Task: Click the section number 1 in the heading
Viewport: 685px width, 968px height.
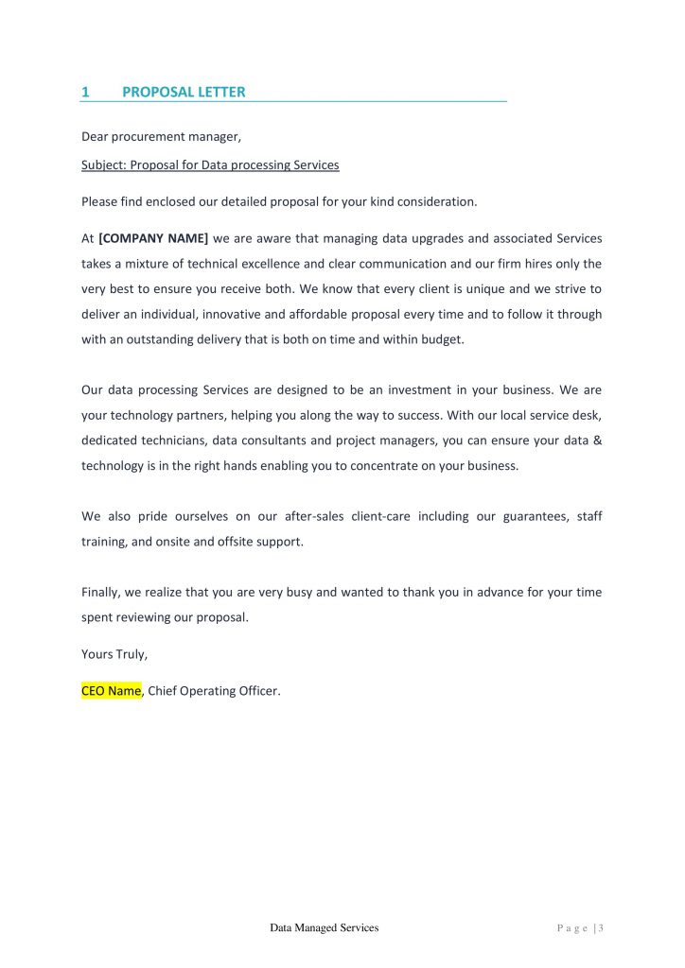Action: coord(85,92)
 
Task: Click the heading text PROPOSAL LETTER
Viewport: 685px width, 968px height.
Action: coord(184,92)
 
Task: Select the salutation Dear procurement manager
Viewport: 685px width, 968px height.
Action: coord(161,137)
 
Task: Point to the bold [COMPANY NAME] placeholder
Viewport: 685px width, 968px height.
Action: coord(153,238)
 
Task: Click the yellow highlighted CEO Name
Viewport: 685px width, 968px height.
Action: coord(112,691)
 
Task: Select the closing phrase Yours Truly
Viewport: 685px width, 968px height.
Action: coord(114,654)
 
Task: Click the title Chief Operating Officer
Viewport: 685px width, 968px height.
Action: coord(214,691)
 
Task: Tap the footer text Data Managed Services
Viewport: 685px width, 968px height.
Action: coord(324,928)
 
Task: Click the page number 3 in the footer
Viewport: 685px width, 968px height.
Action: coord(601,928)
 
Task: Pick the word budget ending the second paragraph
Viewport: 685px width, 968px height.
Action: coord(442,340)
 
